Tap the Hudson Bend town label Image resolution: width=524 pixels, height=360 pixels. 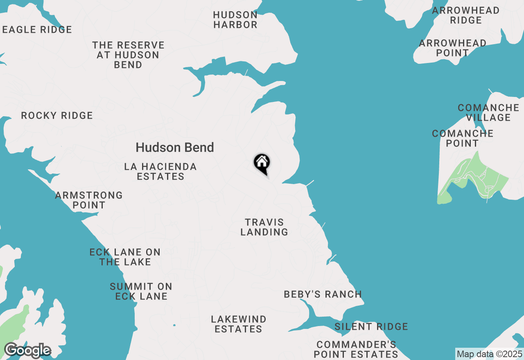coord(175,147)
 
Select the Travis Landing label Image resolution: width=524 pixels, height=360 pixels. coord(264,227)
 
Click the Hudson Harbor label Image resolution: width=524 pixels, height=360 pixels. coord(235,20)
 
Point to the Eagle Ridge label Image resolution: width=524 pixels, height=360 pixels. coord(37,29)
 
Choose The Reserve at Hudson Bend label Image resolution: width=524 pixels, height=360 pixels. coord(128,55)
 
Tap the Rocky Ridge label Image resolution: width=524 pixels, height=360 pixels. coord(57,116)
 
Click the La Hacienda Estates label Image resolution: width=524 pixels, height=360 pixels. coord(160,172)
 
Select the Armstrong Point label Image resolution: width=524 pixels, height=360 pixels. coord(89,200)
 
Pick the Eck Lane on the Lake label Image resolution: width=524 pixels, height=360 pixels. coord(125,257)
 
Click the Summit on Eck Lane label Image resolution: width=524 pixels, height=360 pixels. coord(141,291)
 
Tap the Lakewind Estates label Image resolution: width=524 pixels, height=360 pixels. coord(239,324)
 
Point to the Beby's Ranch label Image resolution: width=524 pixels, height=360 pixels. coord(323,294)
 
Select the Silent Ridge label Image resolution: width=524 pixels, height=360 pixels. coord(371,326)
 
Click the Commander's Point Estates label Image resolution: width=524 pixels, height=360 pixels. coord(356,349)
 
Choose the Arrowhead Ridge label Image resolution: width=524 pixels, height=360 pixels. coord(466,15)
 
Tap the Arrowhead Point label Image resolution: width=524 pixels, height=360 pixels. coord(452,48)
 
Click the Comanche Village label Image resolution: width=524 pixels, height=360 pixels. coord(488,112)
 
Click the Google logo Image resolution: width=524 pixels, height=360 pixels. coord(27,351)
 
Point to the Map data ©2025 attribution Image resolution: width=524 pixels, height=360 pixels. coord(489,354)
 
